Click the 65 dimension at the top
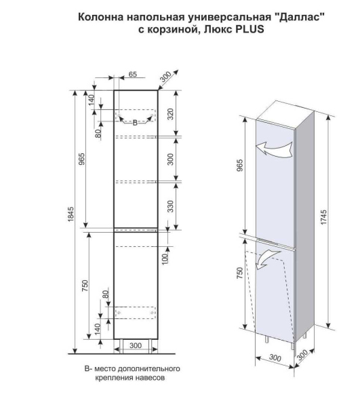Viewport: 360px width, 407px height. pos(132,74)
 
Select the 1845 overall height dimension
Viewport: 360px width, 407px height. pos(71,214)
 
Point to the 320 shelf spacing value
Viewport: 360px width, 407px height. pos(170,114)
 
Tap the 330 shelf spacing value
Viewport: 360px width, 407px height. pos(170,207)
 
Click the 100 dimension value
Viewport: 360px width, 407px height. pos(165,258)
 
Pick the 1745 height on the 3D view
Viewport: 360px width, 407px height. pos(323,217)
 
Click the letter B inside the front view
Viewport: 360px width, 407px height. pos(135,123)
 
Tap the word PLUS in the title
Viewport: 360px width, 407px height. pos(249,29)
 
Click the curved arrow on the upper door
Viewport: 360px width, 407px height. pos(274,149)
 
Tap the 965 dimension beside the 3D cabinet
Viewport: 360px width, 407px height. pos(239,165)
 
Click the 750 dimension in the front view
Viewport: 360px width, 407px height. pos(85,286)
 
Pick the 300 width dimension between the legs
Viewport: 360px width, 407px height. pos(136,345)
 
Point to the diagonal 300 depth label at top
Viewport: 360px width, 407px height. pos(165,77)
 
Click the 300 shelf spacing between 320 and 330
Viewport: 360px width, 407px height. pos(170,159)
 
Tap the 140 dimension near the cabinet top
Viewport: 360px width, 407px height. pos(92,100)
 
